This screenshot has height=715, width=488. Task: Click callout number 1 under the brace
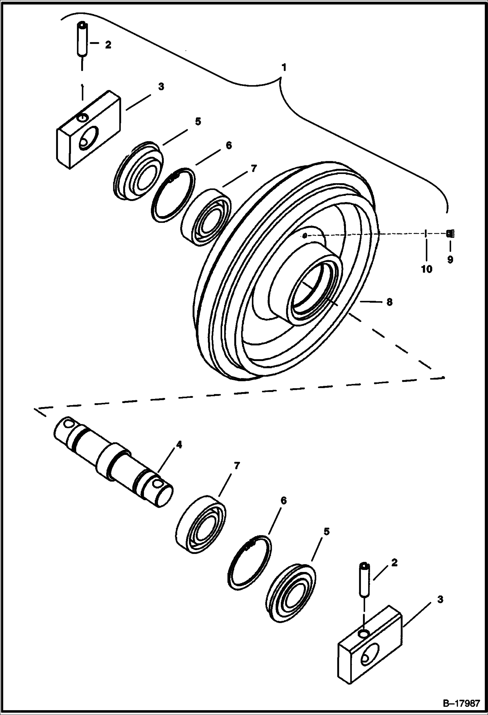tap(284, 67)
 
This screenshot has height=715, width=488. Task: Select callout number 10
tap(426, 269)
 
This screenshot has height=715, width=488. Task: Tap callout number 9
tap(450, 260)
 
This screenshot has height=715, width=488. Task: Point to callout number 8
tap(389, 302)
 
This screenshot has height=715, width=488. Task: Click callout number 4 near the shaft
tap(179, 445)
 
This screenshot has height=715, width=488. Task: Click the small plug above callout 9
tap(451, 233)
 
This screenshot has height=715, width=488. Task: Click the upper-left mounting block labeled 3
tap(89, 130)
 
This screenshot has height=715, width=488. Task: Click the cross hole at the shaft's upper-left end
tap(69, 424)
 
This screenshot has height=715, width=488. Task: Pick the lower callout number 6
tap(283, 500)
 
